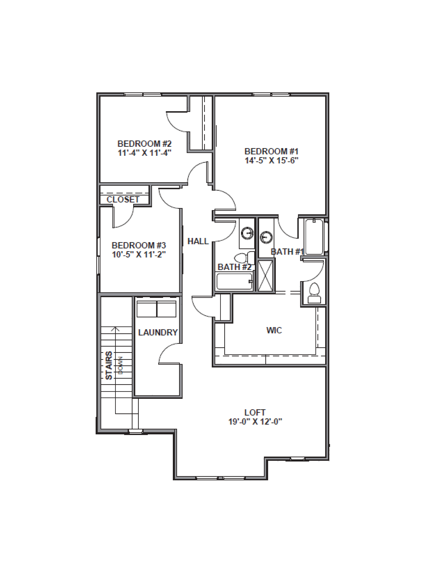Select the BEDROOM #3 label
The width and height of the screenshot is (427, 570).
139,245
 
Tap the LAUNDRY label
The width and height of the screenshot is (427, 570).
158,332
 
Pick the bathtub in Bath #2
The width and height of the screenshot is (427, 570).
234,281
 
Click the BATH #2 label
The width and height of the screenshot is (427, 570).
234,267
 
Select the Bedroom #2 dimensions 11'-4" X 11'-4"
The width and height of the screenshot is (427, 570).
144,153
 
